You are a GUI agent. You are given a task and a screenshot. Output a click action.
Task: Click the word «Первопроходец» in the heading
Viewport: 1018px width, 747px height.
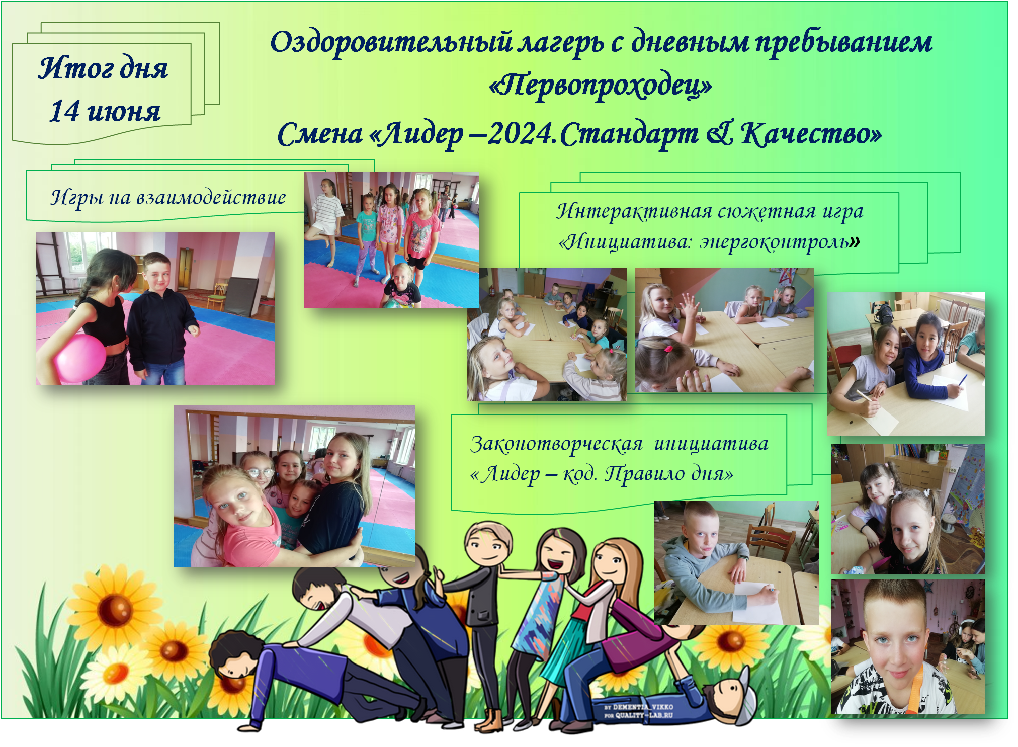(x=601, y=86)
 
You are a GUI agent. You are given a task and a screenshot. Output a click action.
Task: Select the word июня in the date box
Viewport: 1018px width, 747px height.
(x=124, y=111)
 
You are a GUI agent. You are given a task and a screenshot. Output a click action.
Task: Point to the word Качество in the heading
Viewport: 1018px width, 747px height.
(x=811, y=134)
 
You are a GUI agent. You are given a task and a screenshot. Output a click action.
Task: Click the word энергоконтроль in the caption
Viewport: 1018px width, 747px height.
(x=775, y=242)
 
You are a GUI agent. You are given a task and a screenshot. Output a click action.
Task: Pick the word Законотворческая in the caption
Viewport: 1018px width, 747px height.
(x=556, y=444)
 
